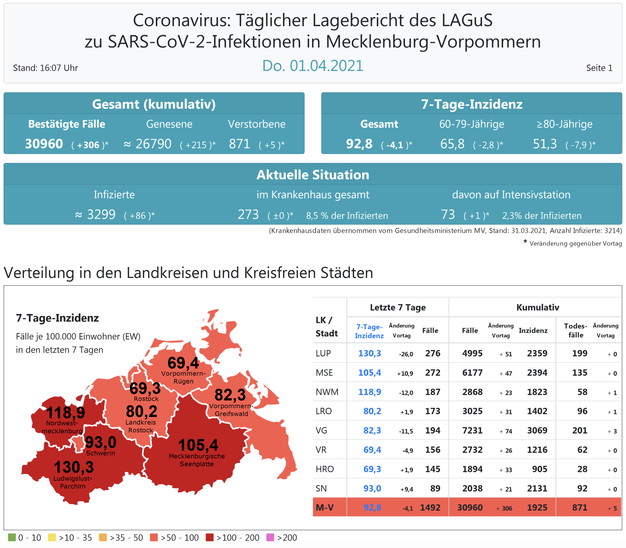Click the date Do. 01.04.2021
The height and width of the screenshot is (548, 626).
tap(313, 66)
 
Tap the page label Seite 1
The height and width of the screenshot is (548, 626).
tap(599, 68)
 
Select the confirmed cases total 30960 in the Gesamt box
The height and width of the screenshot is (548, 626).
tap(44, 144)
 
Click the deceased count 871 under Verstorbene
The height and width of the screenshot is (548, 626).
tap(239, 144)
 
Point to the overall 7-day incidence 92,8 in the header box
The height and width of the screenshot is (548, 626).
tap(359, 144)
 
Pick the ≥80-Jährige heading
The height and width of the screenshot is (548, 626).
tap(564, 124)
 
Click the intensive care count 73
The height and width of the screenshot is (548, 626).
tap(448, 215)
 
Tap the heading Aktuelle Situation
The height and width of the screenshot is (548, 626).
tap(313, 175)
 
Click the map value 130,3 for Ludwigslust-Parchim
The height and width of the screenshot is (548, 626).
tap(74, 467)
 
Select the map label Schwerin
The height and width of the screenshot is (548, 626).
tap(100, 453)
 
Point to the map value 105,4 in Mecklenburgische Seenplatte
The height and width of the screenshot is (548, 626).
tap(198, 445)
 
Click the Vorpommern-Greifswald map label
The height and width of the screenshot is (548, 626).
tap(231, 410)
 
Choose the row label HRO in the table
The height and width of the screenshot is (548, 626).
tap(325, 469)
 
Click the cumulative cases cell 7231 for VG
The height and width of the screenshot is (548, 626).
tap(472, 430)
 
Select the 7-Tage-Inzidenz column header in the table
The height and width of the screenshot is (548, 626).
tap(369, 331)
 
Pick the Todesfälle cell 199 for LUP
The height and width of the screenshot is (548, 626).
tap(580, 353)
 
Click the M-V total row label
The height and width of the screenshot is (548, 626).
tap(325, 508)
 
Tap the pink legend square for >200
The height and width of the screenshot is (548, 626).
tap(270, 537)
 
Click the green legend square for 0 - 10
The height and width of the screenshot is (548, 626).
tap(12, 537)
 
